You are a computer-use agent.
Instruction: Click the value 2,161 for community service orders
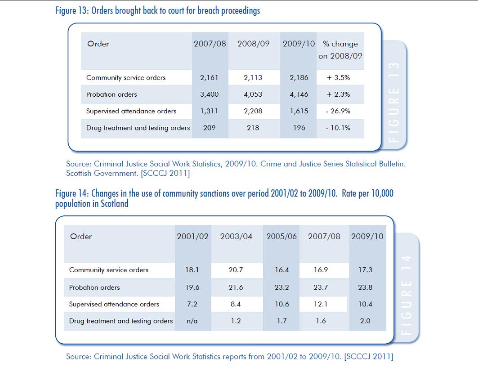[x=209, y=78]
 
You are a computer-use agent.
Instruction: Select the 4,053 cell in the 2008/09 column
[x=253, y=94]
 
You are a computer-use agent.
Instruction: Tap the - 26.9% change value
[x=338, y=111]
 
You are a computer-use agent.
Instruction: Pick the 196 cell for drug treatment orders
[x=299, y=128]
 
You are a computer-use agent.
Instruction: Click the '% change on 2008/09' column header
[x=340, y=50]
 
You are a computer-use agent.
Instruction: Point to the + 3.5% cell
[x=339, y=78]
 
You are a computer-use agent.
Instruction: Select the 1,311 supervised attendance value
[x=209, y=111]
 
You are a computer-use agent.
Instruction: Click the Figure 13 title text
[x=157, y=11]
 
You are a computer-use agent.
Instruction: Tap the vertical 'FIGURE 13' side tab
[x=394, y=102]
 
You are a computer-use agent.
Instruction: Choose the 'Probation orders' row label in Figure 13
[x=112, y=94]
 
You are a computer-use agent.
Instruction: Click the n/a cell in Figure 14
[x=192, y=321]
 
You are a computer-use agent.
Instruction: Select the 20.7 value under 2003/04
[x=236, y=270]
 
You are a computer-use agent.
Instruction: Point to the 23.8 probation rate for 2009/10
[x=365, y=287]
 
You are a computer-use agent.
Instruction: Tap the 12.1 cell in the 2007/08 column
[x=321, y=304]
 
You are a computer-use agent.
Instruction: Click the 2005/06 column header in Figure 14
[x=281, y=237]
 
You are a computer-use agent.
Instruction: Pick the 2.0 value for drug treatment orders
[x=365, y=321]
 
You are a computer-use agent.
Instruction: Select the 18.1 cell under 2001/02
[x=192, y=270]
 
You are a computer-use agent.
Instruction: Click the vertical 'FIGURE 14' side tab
[x=407, y=295]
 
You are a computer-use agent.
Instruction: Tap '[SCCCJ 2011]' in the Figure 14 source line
[x=369, y=356]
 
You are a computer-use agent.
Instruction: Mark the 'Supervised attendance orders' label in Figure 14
[x=114, y=304]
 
